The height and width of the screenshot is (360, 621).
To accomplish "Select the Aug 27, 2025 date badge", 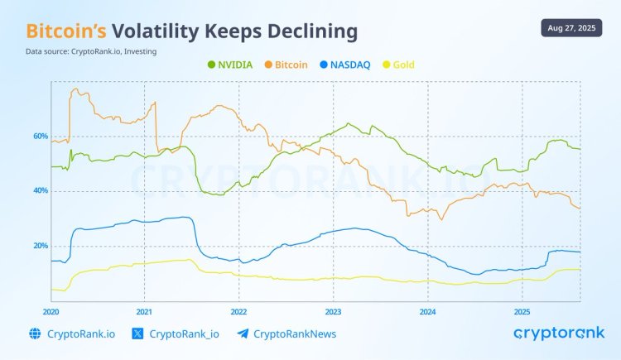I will pos(572,28).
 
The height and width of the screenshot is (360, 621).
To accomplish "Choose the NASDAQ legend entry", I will pos(347,64).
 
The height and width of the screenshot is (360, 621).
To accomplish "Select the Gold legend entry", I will pos(399,64).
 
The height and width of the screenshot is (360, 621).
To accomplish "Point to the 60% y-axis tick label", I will pos(41,137).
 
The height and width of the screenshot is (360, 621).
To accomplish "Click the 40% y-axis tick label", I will pos(41,191).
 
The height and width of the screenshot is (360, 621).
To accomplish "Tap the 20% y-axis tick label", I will pos(41,246).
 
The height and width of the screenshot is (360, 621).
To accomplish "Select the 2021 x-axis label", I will pos(144,312).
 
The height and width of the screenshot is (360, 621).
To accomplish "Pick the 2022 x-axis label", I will pos(238,312).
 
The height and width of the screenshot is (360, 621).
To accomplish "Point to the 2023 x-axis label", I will pos(333,312).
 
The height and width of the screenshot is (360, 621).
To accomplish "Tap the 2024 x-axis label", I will pos(427,312).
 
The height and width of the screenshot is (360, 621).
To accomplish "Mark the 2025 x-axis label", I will pos(522,312).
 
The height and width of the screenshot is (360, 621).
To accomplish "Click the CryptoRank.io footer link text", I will pos(80,334).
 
